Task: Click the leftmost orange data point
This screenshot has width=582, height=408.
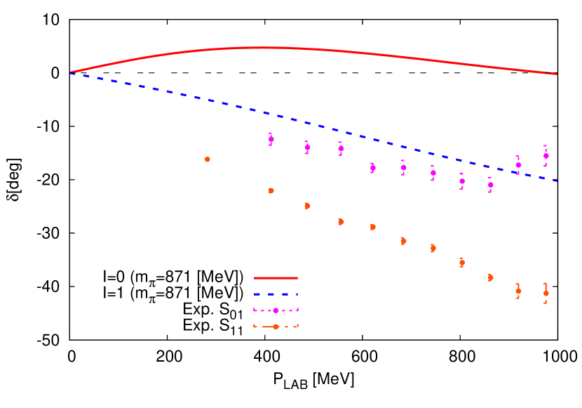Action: pyautogui.click(x=208, y=159)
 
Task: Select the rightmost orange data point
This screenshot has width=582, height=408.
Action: pyautogui.click(x=546, y=293)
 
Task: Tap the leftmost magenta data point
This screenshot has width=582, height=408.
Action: pyautogui.click(x=271, y=139)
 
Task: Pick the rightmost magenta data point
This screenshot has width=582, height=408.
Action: pyautogui.click(x=546, y=155)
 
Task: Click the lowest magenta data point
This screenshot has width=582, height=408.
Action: pyautogui.click(x=490, y=185)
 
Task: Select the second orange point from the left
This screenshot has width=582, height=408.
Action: pyautogui.click(x=271, y=190)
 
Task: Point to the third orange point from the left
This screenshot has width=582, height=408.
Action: pyautogui.click(x=307, y=206)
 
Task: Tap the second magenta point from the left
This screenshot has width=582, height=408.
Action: pyautogui.click(x=307, y=147)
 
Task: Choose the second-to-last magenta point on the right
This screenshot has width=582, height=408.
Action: pyautogui.click(x=518, y=165)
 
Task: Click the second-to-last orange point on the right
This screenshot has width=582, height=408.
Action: pyautogui.click(x=518, y=291)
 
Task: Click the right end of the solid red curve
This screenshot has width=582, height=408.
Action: pyautogui.click(x=557, y=74)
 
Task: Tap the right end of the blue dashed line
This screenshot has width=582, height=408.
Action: pyautogui.click(x=557, y=180)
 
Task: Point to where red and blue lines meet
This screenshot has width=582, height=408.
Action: pyautogui.click(x=72, y=72)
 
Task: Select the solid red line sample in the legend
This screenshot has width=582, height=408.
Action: pyautogui.click(x=276, y=278)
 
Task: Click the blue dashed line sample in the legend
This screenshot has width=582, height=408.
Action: pyautogui.click(x=276, y=294)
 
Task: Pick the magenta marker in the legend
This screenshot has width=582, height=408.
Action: pyautogui.click(x=276, y=310)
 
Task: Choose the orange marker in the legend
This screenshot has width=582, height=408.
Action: pyautogui.click(x=276, y=327)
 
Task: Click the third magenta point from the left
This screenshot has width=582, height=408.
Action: pyautogui.click(x=341, y=148)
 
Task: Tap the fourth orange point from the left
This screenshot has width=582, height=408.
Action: pyautogui.click(x=341, y=222)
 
